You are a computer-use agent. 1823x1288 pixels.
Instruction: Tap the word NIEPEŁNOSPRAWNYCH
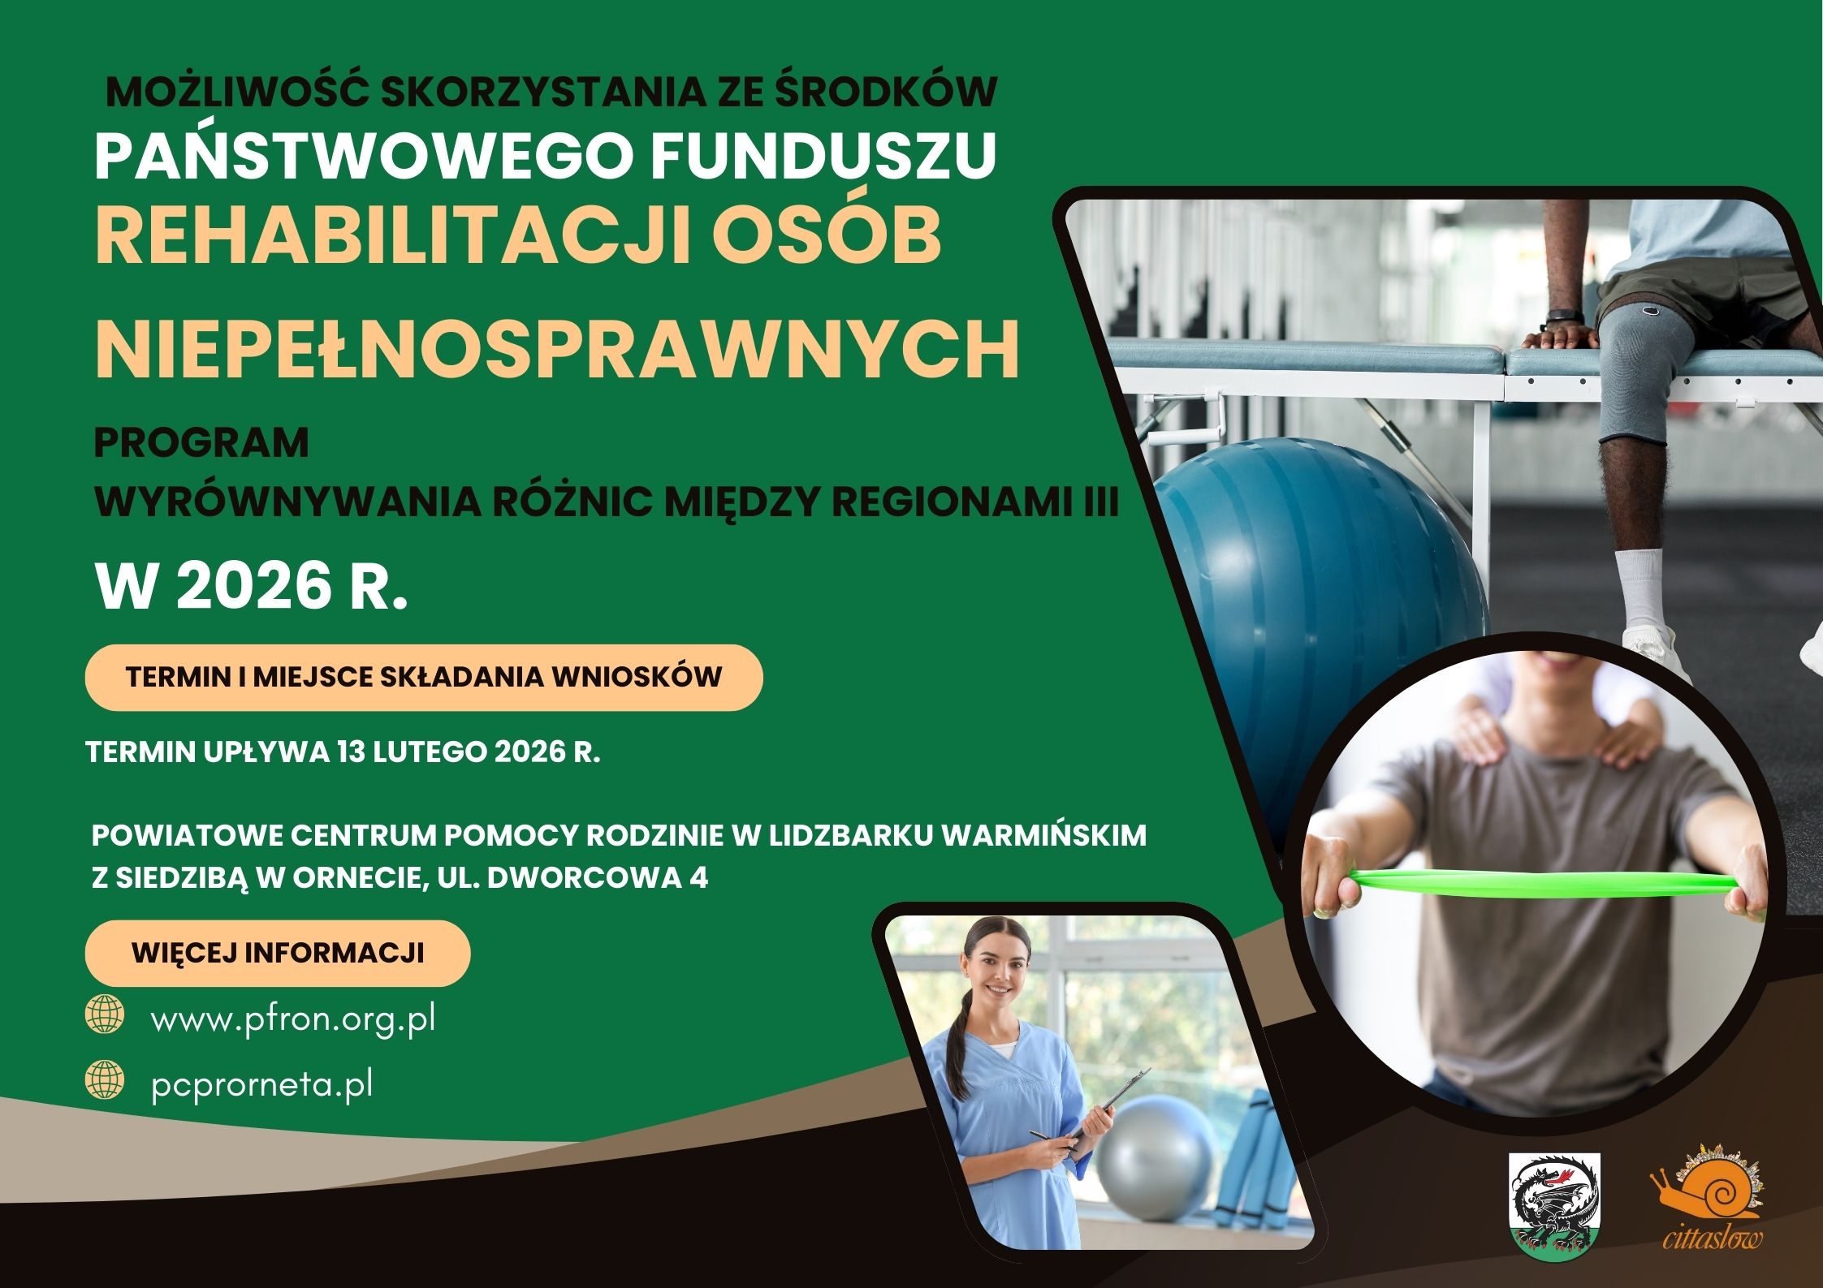point(557,351)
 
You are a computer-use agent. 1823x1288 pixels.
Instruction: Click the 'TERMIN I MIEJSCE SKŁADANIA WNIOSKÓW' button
point(423,678)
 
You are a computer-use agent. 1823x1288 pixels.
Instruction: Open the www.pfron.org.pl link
point(293,1019)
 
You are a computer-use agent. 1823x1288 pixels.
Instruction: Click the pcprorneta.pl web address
point(261,1085)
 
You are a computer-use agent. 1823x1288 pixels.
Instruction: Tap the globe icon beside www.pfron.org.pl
point(105,1015)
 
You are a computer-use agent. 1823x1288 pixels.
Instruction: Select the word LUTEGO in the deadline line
point(427,753)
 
